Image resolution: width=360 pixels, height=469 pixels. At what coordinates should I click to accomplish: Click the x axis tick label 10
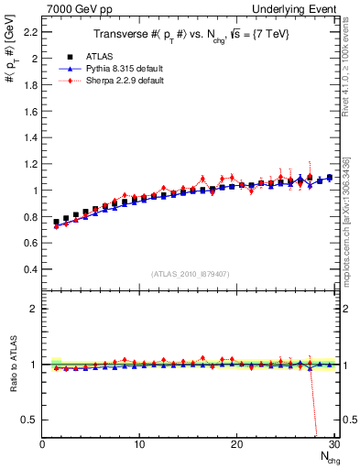point(139,444)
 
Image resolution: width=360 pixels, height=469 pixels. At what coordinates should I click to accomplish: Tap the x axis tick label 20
point(236,444)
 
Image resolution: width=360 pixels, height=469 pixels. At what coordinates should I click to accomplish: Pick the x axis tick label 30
point(333,444)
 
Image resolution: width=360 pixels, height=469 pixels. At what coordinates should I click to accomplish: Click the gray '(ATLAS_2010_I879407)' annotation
point(190,274)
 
